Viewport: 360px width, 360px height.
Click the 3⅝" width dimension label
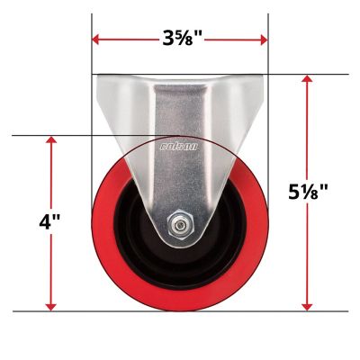coord(180,39)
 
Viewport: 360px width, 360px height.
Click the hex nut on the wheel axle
coord(180,223)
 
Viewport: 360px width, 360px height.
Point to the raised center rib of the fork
coord(180,180)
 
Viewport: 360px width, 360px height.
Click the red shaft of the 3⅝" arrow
coord(126,39)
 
